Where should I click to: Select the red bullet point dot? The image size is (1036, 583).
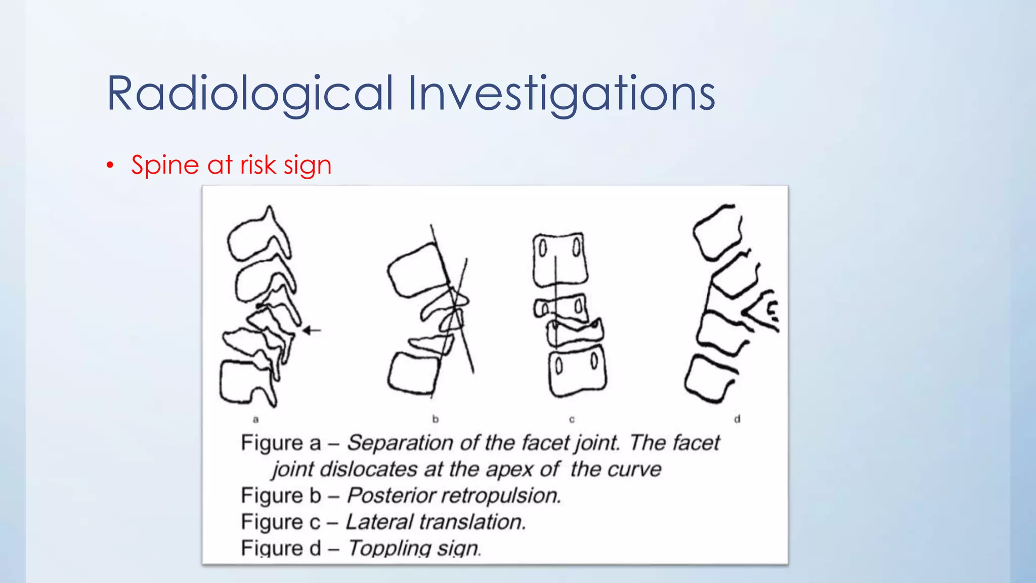point(110,165)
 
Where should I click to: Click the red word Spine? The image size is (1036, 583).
point(165,165)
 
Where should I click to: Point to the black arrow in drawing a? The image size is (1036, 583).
point(312,330)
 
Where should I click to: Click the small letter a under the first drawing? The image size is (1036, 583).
point(256,419)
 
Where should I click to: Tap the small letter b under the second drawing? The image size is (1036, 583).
point(436,419)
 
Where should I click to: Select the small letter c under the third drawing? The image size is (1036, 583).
point(572,419)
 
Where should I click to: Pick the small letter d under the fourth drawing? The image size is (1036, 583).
point(737,419)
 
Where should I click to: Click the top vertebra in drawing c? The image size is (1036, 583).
point(560,259)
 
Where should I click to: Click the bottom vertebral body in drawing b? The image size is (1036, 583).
point(413,373)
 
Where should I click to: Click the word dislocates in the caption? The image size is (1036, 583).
point(369,470)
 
